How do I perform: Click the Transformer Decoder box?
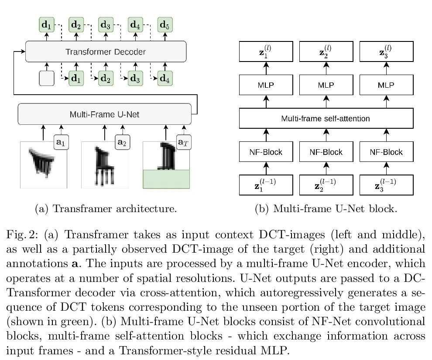[106, 51]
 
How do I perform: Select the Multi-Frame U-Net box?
[104, 114]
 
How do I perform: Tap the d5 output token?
[165, 25]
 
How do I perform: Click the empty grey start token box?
[47, 79]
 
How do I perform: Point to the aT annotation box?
[183, 142]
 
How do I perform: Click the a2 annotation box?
[122, 142]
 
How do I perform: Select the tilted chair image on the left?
[44, 165]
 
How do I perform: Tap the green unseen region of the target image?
[166, 179]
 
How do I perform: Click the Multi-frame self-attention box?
[326, 118]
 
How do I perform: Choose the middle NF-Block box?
[326, 152]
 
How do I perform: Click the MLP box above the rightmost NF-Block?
[386, 85]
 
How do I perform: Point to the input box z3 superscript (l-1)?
[386, 185]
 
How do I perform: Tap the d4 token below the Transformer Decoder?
[165, 79]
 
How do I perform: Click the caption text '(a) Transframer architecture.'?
[106, 209]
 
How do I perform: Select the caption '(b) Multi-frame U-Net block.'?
[326, 209]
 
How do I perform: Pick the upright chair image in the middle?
[105, 165]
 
